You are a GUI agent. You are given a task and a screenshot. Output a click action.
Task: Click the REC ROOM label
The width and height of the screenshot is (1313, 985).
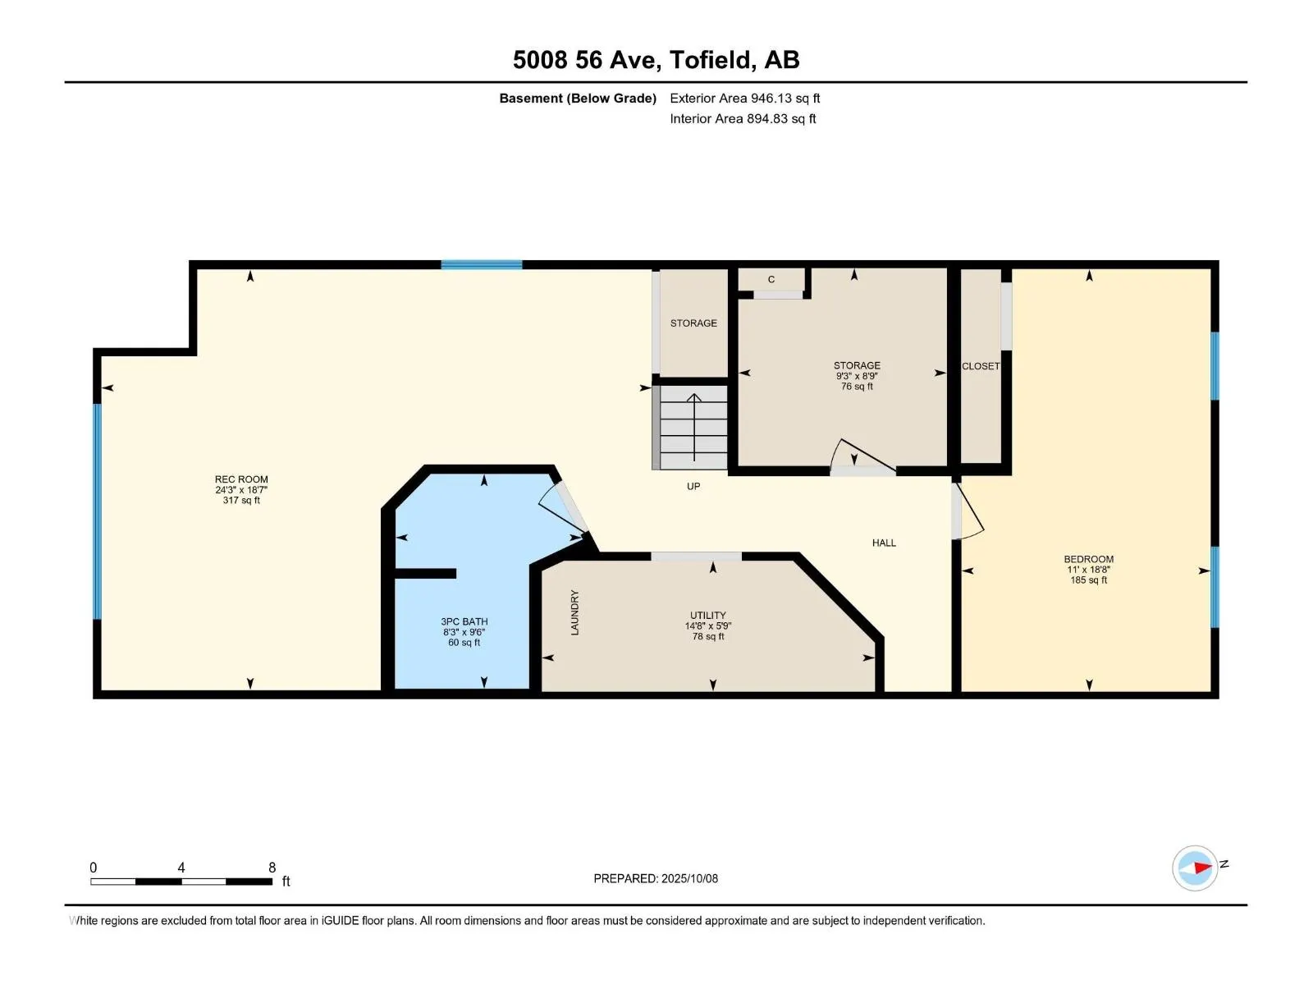point(241,479)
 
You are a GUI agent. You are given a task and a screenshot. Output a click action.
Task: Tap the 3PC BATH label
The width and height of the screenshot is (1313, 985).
point(464,621)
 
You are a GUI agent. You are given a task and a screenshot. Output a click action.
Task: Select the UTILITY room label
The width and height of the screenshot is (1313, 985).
point(707,616)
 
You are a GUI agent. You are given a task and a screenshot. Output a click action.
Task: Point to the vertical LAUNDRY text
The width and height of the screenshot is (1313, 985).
point(575,612)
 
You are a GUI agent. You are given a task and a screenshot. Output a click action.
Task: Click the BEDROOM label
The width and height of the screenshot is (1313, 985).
point(1088,559)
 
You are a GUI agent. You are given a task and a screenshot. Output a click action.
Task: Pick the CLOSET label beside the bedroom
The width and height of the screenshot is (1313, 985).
point(981,366)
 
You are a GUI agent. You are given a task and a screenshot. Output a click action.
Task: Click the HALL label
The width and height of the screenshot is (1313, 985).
point(884,543)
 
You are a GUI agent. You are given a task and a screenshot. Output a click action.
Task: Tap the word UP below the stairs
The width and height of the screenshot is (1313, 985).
point(693,486)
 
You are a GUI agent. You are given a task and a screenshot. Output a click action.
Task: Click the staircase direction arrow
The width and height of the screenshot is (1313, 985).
point(694,427)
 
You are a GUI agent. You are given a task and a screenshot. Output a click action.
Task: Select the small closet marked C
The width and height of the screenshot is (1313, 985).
point(771,279)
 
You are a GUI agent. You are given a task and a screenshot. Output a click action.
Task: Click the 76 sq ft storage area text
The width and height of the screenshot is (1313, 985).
point(857,387)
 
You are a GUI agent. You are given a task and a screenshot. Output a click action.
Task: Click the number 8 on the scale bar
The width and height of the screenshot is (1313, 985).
point(272,867)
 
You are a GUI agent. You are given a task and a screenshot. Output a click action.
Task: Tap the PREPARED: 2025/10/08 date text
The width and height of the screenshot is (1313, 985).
point(656,878)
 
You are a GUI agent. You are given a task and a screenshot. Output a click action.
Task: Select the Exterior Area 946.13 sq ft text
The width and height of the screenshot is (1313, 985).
point(745,98)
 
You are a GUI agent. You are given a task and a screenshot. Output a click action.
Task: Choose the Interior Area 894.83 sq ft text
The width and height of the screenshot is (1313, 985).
point(743,118)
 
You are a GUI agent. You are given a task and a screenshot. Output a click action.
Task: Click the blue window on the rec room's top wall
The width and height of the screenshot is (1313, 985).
point(482,265)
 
